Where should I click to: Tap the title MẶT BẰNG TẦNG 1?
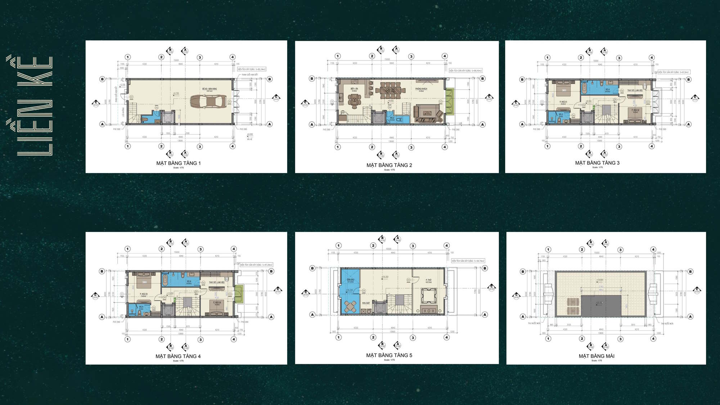[178, 163]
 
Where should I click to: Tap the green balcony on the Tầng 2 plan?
[449, 102]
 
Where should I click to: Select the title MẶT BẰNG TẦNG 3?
[597, 163]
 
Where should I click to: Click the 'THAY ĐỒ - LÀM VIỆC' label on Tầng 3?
[635, 90]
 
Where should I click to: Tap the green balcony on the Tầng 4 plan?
[239, 294]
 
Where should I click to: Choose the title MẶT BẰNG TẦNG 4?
[178, 356]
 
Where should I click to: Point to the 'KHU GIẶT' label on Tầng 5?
[366, 303]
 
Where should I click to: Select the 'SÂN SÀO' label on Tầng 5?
[350, 279]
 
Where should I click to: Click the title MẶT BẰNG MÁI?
[596, 356]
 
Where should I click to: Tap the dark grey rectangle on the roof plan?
[601, 306]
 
